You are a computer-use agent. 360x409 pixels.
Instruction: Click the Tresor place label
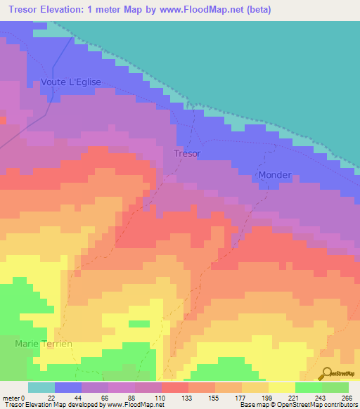coord(187,153)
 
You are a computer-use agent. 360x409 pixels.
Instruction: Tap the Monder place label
coord(274,175)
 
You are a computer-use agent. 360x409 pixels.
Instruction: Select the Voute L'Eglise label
coord(71,82)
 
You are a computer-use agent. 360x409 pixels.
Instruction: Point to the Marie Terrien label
coord(44,344)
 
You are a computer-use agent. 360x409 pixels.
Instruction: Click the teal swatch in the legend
coord(41,387)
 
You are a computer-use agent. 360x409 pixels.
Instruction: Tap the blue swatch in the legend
coord(68,387)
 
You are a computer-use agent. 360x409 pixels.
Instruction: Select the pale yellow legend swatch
coord(282,387)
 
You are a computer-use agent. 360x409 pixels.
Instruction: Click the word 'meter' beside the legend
coord(12,398)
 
